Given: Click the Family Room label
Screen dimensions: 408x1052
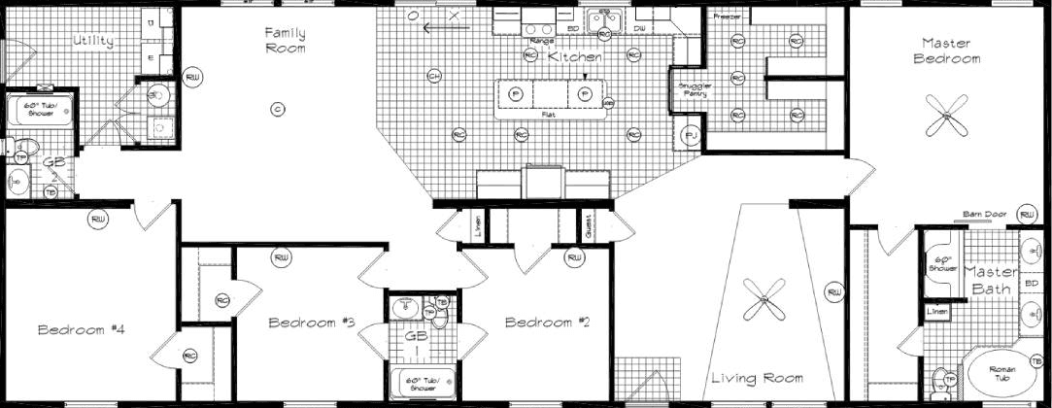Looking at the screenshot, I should (286, 40).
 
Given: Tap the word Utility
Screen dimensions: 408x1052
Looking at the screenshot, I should (93, 42).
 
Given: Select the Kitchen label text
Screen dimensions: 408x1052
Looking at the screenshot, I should (575, 58).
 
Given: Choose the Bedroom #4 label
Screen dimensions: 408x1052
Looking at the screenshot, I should (82, 330).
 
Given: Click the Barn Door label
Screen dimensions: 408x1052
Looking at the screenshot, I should (980, 213).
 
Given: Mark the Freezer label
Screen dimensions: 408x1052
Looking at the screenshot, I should (726, 17).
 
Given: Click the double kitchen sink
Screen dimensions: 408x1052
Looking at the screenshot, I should (603, 17).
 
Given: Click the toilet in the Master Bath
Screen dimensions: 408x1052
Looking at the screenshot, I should (939, 379).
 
